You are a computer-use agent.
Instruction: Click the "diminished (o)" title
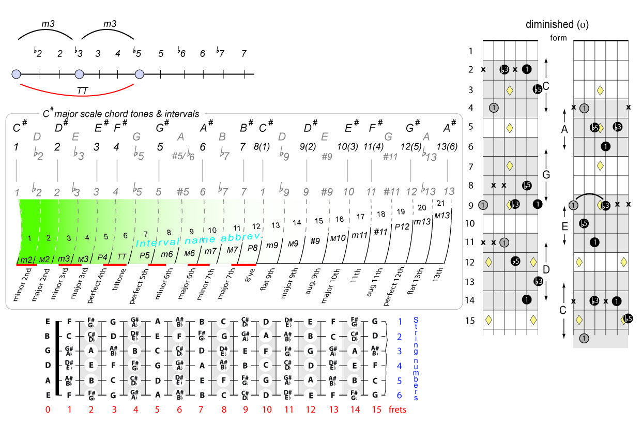click(x=557, y=24)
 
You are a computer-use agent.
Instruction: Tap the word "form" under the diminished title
click(x=558, y=38)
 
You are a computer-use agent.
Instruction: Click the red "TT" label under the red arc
click(x=82, y=90)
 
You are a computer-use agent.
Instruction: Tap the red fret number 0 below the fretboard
click(x=48, y=410)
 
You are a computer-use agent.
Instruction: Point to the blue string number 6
click(x=400, y=395)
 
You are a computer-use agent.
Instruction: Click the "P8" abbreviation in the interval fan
click(x=253, y=248)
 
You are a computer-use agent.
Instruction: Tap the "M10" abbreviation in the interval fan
click(x=338, y=237)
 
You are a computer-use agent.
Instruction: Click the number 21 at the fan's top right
click(x=441, y=202)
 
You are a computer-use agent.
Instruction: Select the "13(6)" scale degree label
click(x=447, y=146)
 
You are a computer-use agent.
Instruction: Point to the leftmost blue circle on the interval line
click(x=16, y=74)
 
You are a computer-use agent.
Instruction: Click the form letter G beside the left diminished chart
click(x=546, y=174)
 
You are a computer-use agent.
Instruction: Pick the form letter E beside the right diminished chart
click(x=565, y=226)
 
